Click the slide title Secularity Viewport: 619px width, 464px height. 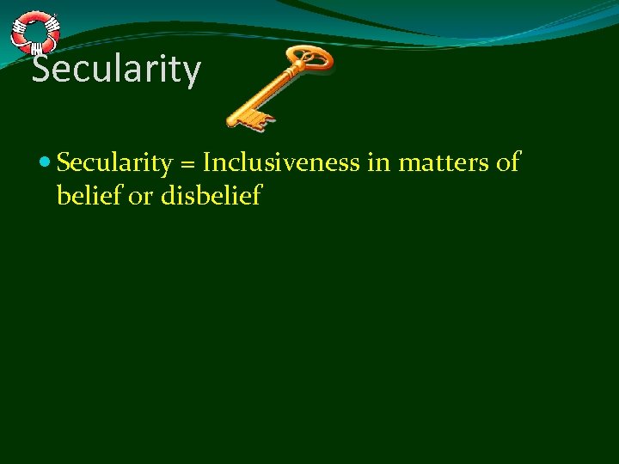click(116, 70)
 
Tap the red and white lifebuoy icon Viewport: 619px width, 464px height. click(34, 32)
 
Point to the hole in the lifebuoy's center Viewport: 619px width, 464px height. click(34, 32)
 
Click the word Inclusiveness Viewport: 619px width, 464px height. click(281, 163)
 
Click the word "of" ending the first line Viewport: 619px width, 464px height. click(507, 163)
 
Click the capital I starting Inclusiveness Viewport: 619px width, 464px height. click(207, 163)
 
